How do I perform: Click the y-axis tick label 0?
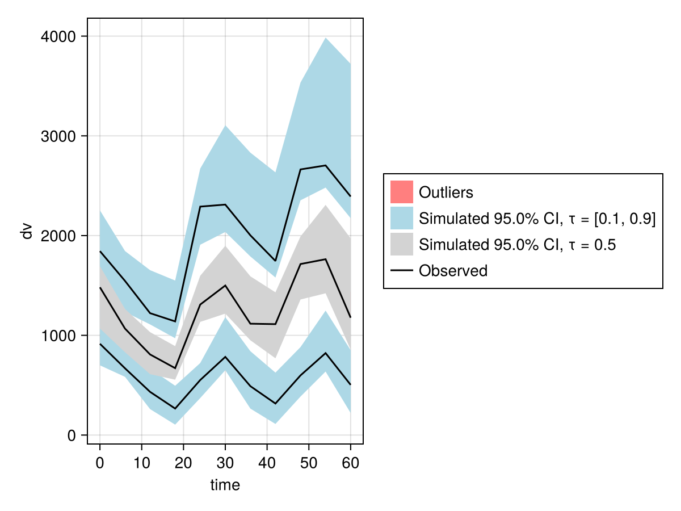[x=72, y=435]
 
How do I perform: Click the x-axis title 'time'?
[x=225, y=485]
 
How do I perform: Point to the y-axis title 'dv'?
[x=27, y=231]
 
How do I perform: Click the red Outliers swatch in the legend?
[x=401, y=192]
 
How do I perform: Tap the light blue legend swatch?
[x=401, y=219]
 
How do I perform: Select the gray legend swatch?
[x=401, y=245]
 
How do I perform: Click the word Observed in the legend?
[x=453, y=271]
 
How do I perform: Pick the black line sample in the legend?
[x=401, y=271]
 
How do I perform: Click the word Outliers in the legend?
[x=445, y=192]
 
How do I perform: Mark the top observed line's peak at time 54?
[x=326, y=165]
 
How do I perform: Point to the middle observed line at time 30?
[x=225, y=286]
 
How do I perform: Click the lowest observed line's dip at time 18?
[x=175, y=409]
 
